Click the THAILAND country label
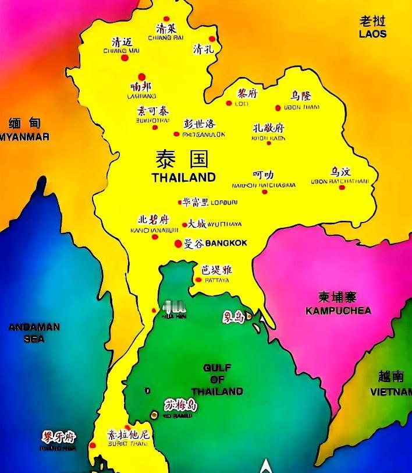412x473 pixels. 183,177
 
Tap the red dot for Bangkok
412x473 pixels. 178,243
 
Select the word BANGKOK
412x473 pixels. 226,243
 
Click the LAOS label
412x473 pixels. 372,34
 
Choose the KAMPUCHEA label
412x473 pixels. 338,310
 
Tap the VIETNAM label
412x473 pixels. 391,392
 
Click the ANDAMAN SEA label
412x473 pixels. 34,333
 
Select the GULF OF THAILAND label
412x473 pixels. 217,379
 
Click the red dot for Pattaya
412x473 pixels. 198,280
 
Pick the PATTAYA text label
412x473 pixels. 216,280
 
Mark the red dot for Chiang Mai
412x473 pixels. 124,58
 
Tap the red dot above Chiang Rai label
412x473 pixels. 166,19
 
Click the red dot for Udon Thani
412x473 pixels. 278,108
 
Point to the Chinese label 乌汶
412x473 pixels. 341,172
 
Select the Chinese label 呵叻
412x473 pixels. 263,175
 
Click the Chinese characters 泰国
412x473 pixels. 182,159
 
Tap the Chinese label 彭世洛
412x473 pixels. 200,124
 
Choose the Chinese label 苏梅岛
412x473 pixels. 180,405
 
